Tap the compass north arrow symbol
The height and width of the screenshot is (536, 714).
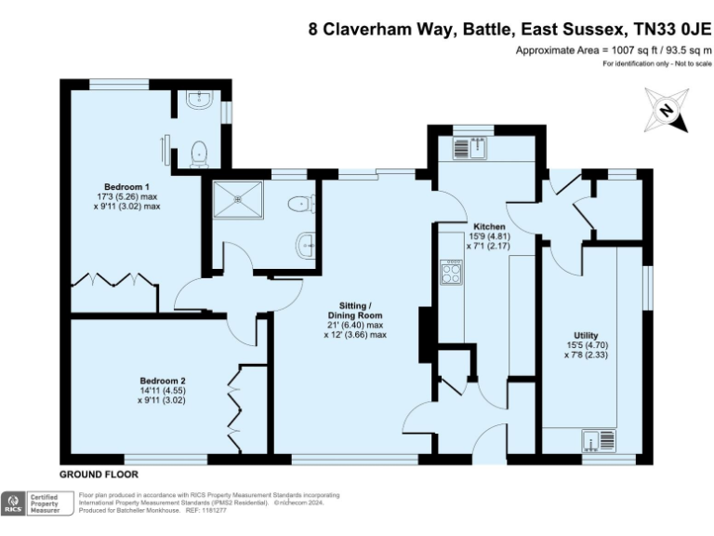[666, 111]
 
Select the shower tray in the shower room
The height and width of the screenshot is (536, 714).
[241, 197]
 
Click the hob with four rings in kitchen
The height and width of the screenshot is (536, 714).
[452, 272]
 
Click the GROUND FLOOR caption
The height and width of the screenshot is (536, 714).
[99, 474]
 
